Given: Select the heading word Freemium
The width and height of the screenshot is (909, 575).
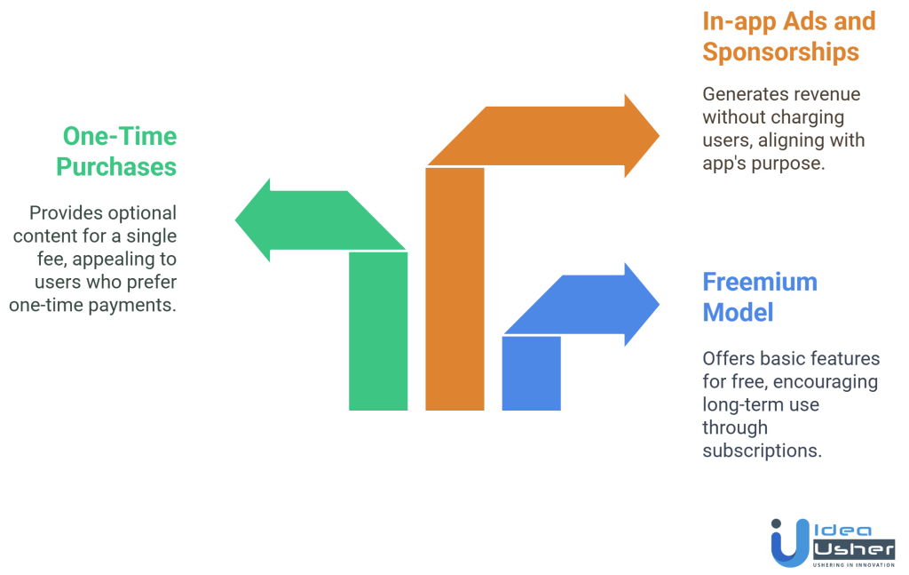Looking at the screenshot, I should pos(760,282).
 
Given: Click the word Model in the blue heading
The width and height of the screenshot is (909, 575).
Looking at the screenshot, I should pos(738,313).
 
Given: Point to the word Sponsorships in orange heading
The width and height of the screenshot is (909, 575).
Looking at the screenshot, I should pos(780,52).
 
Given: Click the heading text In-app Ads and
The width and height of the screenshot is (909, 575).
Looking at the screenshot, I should pos(789,20).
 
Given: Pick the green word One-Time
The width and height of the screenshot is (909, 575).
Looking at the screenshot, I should pos(119,136).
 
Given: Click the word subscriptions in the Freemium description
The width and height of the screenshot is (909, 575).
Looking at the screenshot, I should pos(762,451).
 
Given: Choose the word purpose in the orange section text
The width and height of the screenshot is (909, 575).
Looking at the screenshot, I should pos(785,164).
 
